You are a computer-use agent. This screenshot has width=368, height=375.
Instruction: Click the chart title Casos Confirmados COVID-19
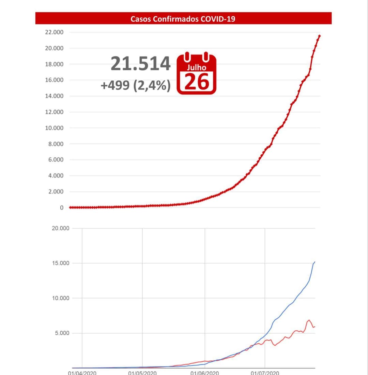183,19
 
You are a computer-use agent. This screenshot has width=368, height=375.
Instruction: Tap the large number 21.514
141,64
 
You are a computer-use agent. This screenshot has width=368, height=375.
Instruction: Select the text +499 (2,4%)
135,85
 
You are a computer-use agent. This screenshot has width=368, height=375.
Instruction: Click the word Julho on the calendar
197,68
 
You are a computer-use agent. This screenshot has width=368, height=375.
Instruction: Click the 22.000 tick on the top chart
54,32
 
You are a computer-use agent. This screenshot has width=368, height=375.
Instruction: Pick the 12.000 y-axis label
54,112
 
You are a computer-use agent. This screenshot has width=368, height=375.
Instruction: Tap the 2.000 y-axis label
55,192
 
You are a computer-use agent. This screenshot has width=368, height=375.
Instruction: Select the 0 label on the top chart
62,208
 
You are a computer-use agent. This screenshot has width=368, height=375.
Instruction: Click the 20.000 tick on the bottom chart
60,228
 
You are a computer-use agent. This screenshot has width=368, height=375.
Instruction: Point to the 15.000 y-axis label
60,263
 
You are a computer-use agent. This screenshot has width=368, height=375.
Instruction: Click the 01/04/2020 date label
82,373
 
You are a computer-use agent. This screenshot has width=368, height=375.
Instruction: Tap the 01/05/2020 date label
142,373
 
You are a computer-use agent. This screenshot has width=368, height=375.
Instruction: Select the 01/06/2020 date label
204,373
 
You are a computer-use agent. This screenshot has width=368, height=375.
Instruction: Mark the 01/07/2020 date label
265,373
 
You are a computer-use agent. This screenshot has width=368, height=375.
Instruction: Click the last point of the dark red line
319,36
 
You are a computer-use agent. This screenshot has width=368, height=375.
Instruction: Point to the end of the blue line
315,262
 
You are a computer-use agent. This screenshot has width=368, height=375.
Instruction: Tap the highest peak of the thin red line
309,320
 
